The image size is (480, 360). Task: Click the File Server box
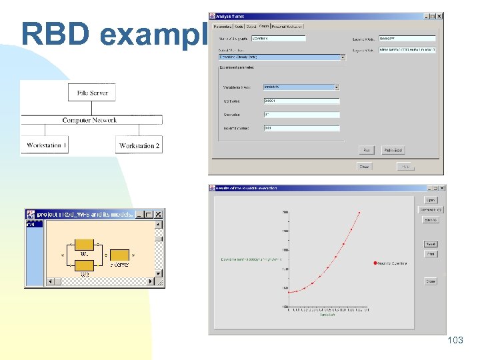92,93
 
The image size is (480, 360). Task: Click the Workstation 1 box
46,145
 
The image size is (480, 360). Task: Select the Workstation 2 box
139,145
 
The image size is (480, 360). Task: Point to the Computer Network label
89,120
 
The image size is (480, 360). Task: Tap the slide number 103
455,340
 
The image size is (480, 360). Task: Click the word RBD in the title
53,33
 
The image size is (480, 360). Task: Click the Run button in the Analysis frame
367,150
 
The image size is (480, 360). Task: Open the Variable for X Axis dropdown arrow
337,87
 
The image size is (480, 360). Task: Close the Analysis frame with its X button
439,16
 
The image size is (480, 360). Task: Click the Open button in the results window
431,200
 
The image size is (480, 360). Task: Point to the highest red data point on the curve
359,213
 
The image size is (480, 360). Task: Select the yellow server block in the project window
119,255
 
